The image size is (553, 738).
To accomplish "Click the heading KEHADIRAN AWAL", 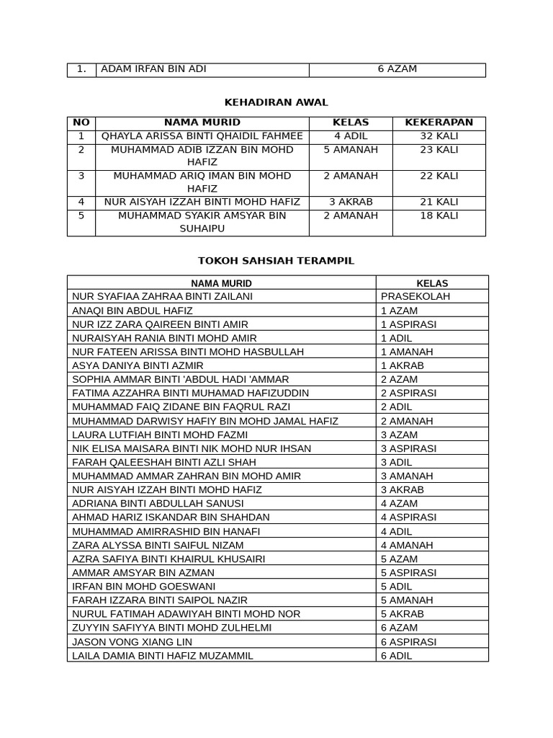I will tap(276, 102).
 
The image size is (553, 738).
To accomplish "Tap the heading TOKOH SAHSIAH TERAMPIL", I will tap(276, 260).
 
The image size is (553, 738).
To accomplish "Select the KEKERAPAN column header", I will tap(439, 123).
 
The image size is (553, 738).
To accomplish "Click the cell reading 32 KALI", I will tap(439, 136).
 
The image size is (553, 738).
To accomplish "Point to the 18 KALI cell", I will tap(439, 215).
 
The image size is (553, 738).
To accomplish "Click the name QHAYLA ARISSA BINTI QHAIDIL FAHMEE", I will tap(202, 136).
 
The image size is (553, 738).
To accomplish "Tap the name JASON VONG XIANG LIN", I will tap(132, 641).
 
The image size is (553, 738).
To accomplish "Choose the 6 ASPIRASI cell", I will tap(408, 641).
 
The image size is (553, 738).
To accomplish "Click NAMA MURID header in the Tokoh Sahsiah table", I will tap(221, 283).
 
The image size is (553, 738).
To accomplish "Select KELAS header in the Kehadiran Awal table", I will tap(351, 123).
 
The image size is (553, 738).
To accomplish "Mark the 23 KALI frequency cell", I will tap(439, 150).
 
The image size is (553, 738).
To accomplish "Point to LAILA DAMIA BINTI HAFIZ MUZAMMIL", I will tap(163, 655).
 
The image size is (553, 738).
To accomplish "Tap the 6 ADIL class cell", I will tap(397, 655).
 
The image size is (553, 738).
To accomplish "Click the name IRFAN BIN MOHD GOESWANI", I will tap(143, 586).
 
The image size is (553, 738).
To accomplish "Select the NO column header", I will tap(81, 123).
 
